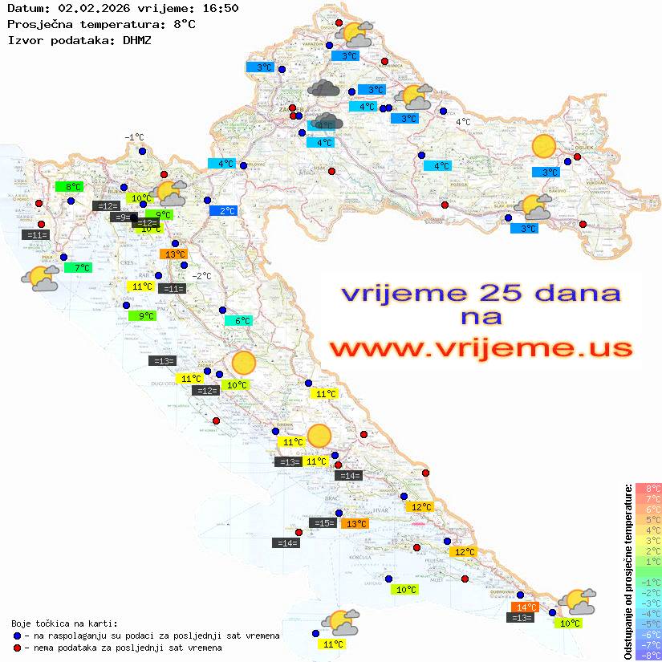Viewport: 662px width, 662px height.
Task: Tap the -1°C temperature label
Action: [134, 137]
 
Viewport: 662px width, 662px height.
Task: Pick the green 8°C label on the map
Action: [70, 187]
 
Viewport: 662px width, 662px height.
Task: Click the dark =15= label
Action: [323, 523]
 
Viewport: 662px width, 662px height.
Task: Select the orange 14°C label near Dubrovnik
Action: [525, 607]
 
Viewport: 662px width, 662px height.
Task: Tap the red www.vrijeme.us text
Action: [481, 349]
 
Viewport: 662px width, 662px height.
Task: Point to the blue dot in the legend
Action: [18, 636]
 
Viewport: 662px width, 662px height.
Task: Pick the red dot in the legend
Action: [18, 648]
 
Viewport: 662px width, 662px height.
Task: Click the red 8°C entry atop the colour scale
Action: [648, 488]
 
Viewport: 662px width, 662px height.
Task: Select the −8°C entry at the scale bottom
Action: [648, 655]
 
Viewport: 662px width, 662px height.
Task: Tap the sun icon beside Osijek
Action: [544, 147]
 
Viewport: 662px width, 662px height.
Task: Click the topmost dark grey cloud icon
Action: [323, 88]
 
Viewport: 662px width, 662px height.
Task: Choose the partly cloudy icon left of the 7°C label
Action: [40, 278]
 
